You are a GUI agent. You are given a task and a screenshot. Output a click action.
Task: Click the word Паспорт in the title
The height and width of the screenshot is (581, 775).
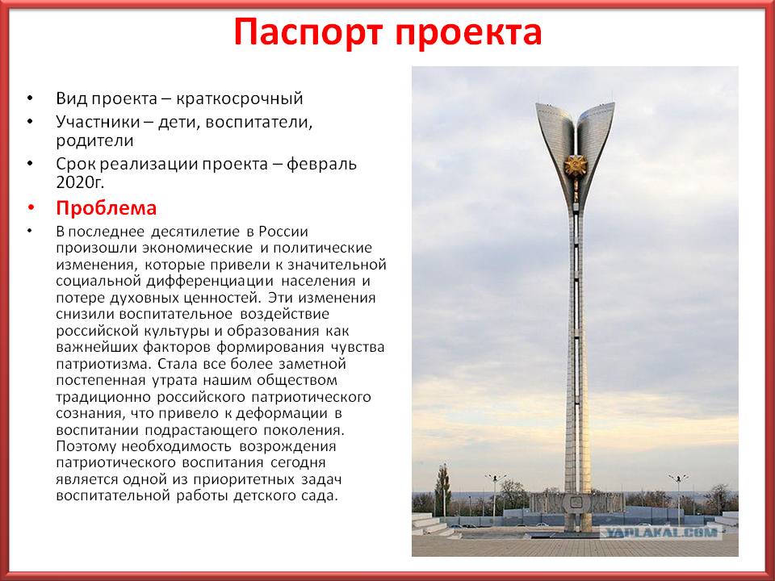point(308,32)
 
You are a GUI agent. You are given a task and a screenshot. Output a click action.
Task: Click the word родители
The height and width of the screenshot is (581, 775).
point(95,140)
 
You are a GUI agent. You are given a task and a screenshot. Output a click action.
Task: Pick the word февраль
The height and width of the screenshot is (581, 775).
point(322,164)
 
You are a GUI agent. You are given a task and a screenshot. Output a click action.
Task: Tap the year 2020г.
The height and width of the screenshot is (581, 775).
point(80,182)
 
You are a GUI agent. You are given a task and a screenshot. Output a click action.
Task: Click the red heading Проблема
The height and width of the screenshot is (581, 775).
point(107,208)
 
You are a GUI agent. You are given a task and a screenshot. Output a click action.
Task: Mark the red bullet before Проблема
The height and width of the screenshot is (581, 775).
point(31,208)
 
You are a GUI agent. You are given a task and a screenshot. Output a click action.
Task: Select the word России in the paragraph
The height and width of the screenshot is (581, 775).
point(283,232)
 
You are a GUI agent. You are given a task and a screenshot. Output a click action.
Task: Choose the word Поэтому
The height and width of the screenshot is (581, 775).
point(86,446)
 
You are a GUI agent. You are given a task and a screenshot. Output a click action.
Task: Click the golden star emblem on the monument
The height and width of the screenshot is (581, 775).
point(576,166)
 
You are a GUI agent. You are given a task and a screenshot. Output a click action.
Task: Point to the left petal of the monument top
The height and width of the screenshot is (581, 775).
point(555,144)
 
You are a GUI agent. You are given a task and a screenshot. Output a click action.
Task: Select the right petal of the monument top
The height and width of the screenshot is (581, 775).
point(596,144)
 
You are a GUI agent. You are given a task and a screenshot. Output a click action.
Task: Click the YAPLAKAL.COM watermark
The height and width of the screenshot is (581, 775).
point(662,533)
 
